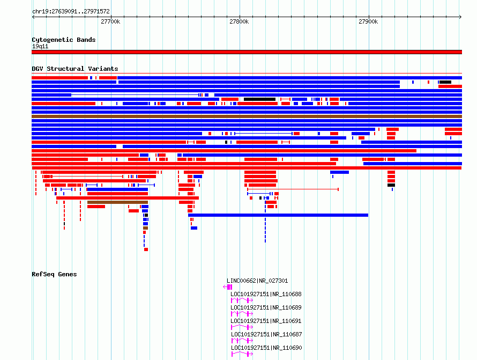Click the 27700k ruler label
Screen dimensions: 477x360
[x=110, y=21]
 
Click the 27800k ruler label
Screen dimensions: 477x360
[x=239, y=21]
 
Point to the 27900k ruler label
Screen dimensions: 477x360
[x=368, y=21]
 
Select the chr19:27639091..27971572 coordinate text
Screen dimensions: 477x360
[x=71, y=11]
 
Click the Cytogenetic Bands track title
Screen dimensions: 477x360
[x=64, y=40]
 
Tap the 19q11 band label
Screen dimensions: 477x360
[x=40, y=46]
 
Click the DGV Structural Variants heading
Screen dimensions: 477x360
[x=75, y=69]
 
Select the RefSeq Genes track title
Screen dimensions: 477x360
[x=54, y=274]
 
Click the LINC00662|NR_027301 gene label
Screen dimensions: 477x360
[x=257, y=281]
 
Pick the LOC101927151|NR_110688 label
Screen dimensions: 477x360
[x=266, y=294]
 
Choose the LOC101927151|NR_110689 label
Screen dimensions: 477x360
[x=266, y=307]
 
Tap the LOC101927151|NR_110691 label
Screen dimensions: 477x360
[x=266, y=321]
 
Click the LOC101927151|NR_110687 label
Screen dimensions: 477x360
[x=266, y=334]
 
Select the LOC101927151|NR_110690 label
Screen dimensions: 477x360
[x=266, y=348]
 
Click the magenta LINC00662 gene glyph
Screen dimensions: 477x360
[x=228, y=287]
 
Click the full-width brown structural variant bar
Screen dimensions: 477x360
[x=247, y=116]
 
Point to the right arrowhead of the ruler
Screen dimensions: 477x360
[x=461, y=17]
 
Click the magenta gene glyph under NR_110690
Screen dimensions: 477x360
[x=242, y=354]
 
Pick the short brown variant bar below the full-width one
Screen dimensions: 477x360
[x=117, y=202]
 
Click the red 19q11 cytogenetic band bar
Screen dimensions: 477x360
[x=247, y=52]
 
